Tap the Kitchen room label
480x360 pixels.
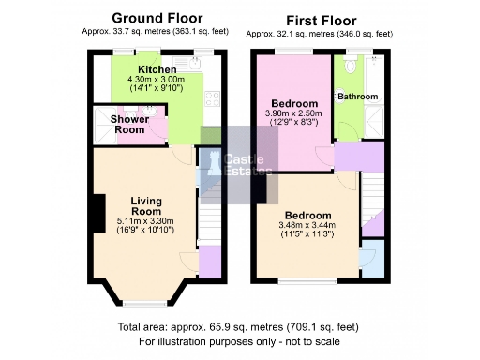[x=157, y=70]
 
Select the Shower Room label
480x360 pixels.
[x=127, y=125]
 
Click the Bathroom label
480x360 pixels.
[x=358, y=97]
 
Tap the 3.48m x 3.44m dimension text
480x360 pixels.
[x=307, y=225]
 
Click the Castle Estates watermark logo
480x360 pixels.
[x=239, y=164]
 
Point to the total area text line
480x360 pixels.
[x=238, y=327]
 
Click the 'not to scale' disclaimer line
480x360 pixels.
[x=238, y=341]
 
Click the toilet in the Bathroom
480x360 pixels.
[x=350, y=67]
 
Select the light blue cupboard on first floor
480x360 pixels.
[x=372, y=260]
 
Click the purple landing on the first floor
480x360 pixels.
[x=358, y=156]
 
